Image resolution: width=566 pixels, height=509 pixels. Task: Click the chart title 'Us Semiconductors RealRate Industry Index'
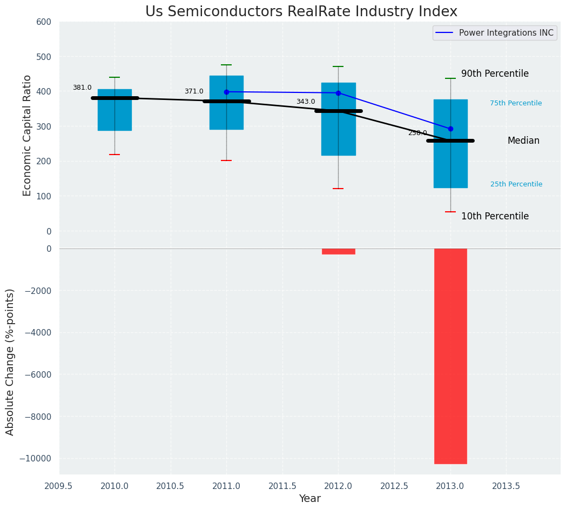coord(301,12)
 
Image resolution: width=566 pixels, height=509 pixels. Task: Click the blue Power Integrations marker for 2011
coord(226,92)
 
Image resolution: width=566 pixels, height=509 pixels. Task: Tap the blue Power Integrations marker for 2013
coord(450,129)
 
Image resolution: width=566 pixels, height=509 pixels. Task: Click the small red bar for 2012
coord(339,251)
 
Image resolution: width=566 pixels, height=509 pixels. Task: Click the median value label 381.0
coord(82,88)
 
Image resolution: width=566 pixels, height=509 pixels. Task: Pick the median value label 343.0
coord(306,102)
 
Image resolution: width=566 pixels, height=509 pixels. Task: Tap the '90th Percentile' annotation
coord(495,74)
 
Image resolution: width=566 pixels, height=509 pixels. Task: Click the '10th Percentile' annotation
coord(495,216)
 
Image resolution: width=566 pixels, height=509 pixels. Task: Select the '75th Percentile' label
coord(516,103)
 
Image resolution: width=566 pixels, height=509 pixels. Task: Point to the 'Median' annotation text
coord(523,140)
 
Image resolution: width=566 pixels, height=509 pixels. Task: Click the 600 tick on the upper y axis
coord(44,22)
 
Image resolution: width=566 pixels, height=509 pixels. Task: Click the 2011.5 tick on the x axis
coord(282,486)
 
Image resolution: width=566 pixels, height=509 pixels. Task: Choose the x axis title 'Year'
coord(310,499)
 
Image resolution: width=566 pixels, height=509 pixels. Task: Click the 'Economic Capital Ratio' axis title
coord(28,135)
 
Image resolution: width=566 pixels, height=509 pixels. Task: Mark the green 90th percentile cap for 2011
coord(226,65)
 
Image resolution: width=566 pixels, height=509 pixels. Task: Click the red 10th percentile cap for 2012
coord(338,189)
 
